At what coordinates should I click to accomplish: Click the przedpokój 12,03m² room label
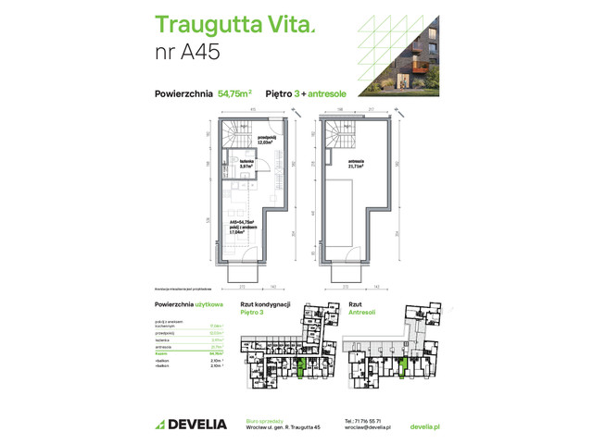pos(264,141)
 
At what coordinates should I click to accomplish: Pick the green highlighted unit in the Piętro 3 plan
pos(302,366)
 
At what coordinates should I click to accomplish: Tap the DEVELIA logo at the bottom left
pos(190,425)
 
